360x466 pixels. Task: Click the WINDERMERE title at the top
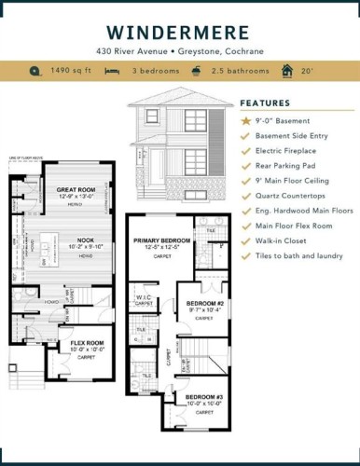179,30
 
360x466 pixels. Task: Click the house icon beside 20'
281,71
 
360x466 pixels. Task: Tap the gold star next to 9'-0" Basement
245,120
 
